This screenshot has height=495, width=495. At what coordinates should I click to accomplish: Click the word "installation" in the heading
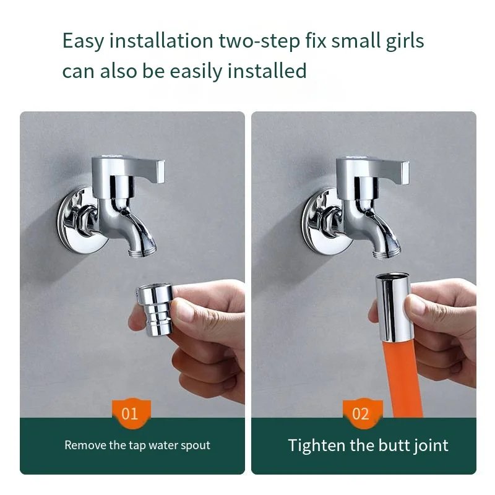pos(161,41)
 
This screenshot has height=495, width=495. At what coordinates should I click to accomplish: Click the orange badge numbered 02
pos(363,413)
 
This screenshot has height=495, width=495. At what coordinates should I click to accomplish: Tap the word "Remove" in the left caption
pos(85,445)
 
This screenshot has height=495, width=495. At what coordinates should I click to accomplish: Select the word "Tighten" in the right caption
pos(317,445)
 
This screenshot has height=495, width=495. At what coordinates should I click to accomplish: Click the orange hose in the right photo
pos(401,379)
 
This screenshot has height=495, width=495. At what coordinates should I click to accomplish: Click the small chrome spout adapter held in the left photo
pos(155,309)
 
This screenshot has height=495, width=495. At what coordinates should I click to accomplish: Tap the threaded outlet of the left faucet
pos(143,252)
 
